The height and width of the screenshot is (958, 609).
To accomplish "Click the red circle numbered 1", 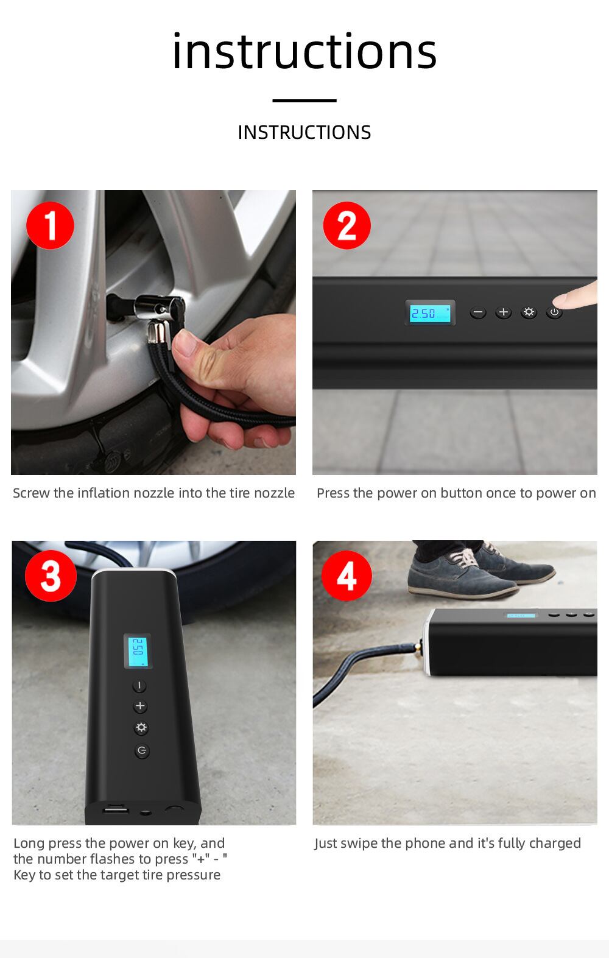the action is pos(50,225).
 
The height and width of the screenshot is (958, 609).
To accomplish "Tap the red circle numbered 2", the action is pos(347,225).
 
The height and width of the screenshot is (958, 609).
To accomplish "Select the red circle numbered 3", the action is pos(51,576).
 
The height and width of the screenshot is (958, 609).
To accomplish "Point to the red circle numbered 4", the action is pos(347,576).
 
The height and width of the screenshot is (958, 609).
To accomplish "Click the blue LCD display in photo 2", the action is pos(430,313).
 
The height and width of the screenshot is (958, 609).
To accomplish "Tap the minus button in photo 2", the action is pos(477,312).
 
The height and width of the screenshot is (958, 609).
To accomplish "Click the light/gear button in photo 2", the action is pos(529,312).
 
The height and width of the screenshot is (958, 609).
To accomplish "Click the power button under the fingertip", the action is pos(554,312).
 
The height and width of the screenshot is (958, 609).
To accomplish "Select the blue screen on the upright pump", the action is pos(138,651).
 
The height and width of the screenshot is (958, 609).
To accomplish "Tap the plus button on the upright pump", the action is pos(140,706).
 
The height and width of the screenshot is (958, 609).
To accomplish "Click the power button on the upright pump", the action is pos(142,751).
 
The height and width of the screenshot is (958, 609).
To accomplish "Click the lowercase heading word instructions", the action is pos(304,51).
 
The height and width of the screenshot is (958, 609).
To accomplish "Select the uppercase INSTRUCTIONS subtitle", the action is pos(304,132).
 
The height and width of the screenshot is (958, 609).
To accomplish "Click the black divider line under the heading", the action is pos(304,100).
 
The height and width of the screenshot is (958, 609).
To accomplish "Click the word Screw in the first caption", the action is pos(32,493).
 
